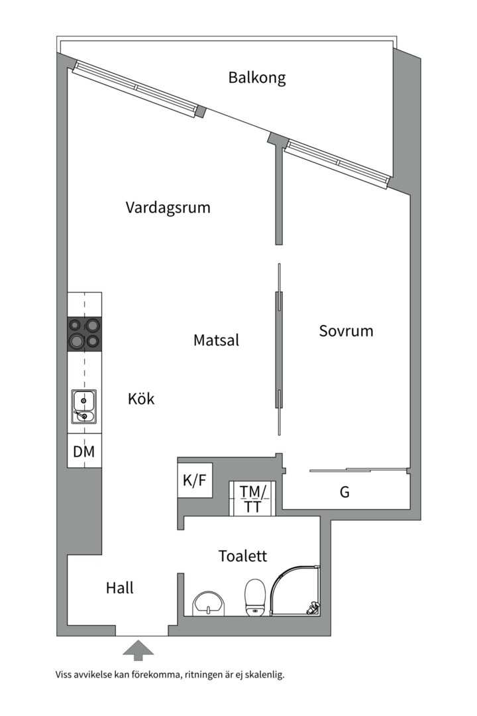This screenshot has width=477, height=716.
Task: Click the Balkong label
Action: click(257, 78)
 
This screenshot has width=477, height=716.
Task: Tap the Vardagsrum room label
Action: click(168, 208)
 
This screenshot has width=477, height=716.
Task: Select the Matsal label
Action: click(216, 340)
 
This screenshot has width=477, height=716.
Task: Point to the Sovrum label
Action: click(346, 330)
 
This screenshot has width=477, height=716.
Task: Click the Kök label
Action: click(141, 398)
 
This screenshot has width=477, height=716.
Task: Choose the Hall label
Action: click(120, 587)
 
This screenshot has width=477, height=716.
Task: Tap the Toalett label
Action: click(242, 556)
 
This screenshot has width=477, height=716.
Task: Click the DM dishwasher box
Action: click(84, 451)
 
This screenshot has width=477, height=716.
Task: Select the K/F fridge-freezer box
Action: click(195, 481)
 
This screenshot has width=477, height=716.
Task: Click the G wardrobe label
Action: click(344, 493)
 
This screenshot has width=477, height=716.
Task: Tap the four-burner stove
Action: click(84, 333)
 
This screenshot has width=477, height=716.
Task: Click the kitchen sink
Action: click(84, 406)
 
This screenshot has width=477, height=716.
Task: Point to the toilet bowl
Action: click(254, 597)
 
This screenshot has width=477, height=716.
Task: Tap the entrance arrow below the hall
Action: click(138, 650)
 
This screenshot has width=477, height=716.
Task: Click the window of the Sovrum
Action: click(337, 163)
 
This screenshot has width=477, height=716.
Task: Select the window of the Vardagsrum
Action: click(136, 89)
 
